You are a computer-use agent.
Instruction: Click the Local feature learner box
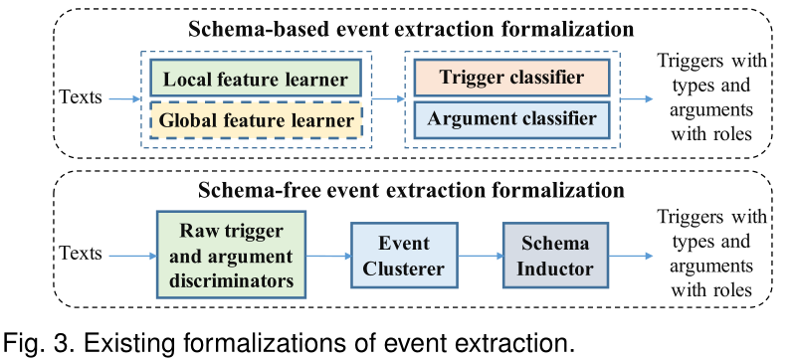pyautogui.click(x=255, y=79)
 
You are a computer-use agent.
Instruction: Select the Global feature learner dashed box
pyautogui.click(x=255, y=121)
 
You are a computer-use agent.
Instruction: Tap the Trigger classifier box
pyautogui.click(x=511, y=79)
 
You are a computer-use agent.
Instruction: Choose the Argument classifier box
pyautogui.click(x=511, y=119)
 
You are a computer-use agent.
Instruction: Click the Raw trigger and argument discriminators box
pyautogui.click(x=227, y=256)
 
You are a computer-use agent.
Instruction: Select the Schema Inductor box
pyautogui.click(x=553, y=256)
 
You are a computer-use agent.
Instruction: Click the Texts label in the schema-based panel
pyautogui.click(x=83, y=98)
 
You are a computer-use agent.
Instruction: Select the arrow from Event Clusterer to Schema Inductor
pyautogui.click(x=480, y=257)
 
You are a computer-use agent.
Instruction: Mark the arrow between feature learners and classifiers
pyautogui.click(x=389, y=98)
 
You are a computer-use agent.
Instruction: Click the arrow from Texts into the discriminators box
pyautogui.click(x=131, y=257)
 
